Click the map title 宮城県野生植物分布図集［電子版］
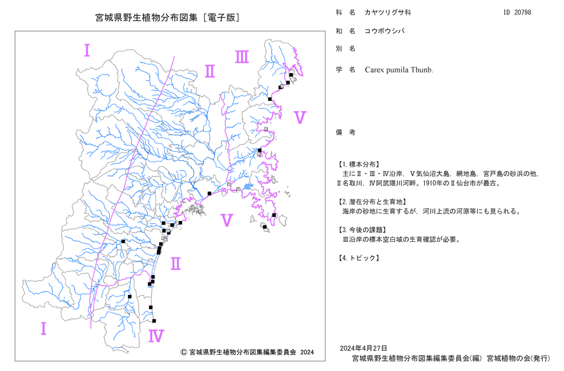click(168, 17)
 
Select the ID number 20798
click(523, 12)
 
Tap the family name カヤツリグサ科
click(388, 12)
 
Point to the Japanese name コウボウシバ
click(385, 31)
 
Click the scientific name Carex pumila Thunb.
click(399, 70)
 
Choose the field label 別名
click(346, 48)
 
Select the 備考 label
click(346, 132)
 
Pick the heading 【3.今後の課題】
click(362, 229)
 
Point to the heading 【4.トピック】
click(358, 258)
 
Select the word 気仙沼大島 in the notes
click(433, 174)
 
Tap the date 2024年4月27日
click(363, 348)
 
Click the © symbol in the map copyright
click(183, 352)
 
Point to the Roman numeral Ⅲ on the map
click(242, 57)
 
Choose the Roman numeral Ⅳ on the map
click(156, 336)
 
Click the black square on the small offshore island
click(265, 227)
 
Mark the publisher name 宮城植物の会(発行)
click(518, 358)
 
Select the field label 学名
click(346, 70)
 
